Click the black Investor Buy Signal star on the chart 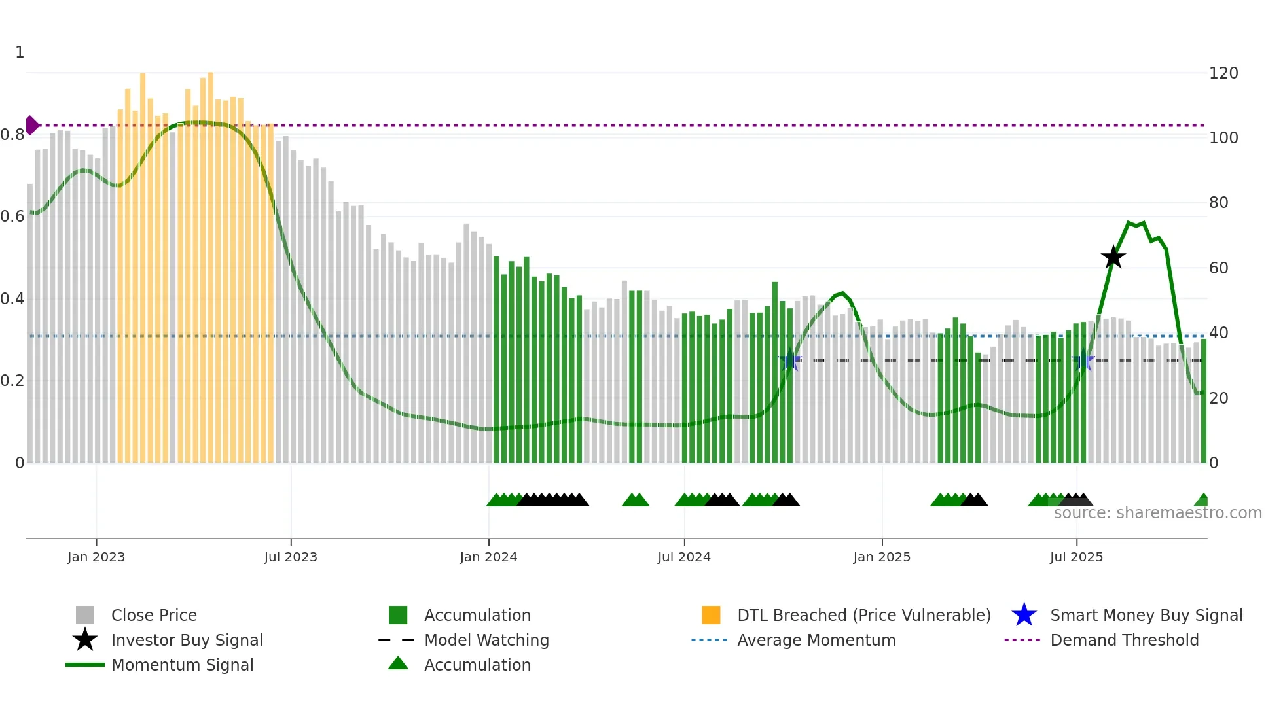tap(1113, 257)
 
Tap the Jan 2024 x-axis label tap(488, 557)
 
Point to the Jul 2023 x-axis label tap(291, 557)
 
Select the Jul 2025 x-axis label tap(1076, 557)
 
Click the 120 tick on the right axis tap(1223, 73)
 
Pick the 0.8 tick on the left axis tap(12, 135)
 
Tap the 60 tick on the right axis tap(1218, 268)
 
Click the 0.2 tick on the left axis tap(12, 381)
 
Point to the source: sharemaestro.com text tap(1157, 513)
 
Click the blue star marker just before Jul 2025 tap(1083, 360)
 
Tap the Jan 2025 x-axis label tap(882, 557)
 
